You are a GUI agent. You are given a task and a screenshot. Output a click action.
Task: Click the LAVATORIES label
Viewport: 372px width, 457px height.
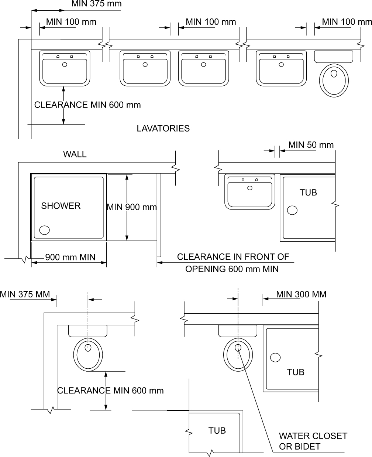coord(163,129)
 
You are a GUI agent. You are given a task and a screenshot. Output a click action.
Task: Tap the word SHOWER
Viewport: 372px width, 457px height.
coord(61,206)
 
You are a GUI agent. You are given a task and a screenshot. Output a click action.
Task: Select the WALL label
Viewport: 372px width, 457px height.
coord(75,154)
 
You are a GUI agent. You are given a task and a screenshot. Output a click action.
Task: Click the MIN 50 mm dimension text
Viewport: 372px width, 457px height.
coord(311,145)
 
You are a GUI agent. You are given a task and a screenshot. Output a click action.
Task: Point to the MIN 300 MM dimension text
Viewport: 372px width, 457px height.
coord(301,294)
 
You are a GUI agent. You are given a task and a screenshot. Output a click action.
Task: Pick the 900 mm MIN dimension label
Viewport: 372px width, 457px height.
coord(70,257)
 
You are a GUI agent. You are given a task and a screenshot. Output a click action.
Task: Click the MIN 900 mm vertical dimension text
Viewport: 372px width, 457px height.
coord(132,207)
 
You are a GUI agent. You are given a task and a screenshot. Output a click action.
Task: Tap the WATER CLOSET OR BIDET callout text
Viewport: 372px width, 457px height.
coord(313,441)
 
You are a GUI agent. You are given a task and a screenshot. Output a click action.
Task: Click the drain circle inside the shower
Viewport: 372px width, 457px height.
coord(45,230)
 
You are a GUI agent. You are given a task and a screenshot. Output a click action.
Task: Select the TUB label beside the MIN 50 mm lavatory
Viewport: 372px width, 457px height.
coord(308,193)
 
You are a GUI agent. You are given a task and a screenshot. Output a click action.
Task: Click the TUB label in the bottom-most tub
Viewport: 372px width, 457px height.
coord(217,431)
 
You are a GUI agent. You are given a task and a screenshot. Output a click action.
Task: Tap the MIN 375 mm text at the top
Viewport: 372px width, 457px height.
coord(96,4)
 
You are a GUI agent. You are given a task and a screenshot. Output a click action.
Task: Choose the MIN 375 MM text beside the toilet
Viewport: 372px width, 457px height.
coord(25,294)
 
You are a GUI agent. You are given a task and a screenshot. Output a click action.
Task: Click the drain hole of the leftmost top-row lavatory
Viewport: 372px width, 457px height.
coord(65,65)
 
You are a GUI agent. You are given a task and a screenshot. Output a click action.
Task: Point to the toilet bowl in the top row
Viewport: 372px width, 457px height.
coord(334,81)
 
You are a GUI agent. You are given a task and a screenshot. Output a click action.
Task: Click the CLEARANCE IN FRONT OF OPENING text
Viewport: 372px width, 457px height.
coord(233,263)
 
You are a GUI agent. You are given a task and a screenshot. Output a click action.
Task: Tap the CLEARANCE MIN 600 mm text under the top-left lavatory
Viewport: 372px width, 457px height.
coord(87,105)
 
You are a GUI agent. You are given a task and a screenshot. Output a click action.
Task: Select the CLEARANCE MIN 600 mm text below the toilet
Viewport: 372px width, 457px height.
coord(110,391)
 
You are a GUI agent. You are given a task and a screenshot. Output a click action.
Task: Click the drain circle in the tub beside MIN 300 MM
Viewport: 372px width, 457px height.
coord(275,358)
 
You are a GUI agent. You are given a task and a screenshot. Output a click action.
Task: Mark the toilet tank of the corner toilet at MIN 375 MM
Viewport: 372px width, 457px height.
coord(87,331)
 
